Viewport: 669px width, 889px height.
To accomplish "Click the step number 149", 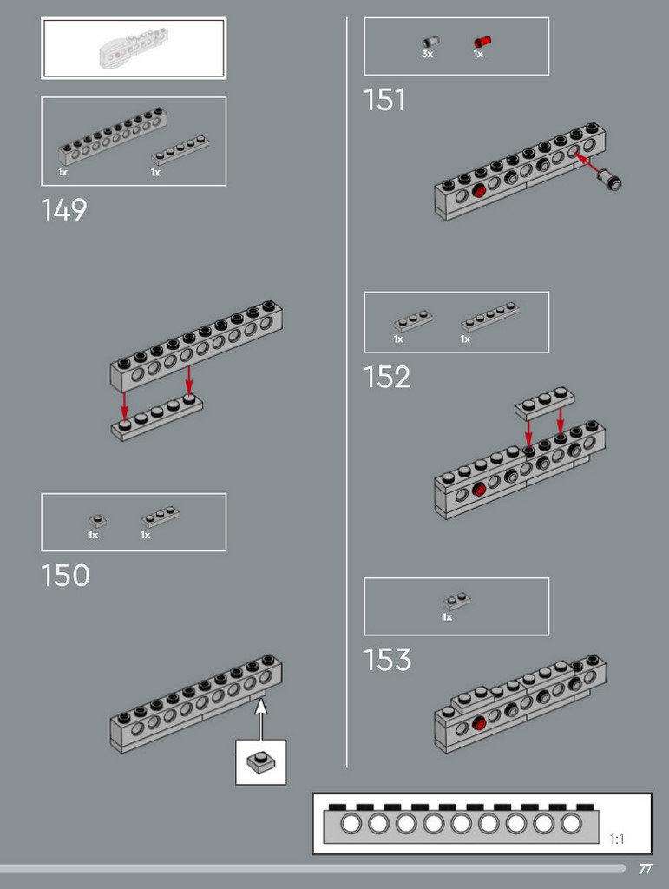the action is coord(64,210).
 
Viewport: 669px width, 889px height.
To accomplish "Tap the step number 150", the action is coord(66,576).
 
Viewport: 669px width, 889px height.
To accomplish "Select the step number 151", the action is coord(384,100).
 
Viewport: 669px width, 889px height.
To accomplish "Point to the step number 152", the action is coord(387,377).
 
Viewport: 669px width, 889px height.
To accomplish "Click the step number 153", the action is coord(388,660).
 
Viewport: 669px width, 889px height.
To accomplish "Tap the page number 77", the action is coord(646,868).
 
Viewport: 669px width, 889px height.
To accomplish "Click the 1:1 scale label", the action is coord(617,839).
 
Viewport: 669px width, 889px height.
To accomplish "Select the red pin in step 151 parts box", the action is coord(482,42).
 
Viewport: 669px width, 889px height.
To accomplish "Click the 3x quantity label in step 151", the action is coord(427,54).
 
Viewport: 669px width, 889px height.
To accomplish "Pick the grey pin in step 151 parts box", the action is coord(430,42).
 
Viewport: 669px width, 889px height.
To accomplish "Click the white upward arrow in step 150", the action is coord(260,720).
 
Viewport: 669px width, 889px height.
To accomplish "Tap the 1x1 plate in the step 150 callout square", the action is coord(261,761).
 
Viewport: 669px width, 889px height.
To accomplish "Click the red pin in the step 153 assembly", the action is coord(479,723).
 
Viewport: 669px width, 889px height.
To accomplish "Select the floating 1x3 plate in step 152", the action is coord(544,403).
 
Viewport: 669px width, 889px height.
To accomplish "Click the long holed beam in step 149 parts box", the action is coord(112,136).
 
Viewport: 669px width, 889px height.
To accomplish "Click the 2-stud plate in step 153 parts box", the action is coord(456,601).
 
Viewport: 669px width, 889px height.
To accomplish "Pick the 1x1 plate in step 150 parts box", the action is coord(97,521).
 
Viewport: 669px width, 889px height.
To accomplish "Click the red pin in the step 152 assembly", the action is coord(479,489).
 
